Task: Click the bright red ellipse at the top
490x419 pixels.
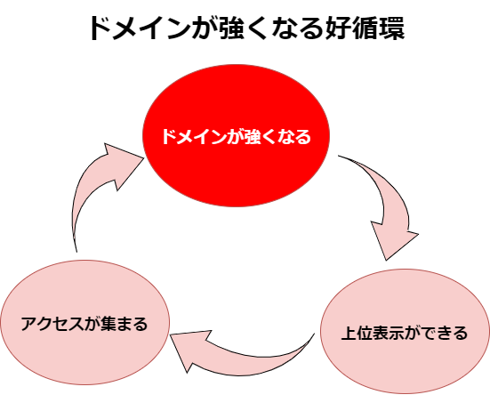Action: (x=236, y=135)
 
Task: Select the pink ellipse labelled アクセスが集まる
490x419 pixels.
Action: (x=85, y=322)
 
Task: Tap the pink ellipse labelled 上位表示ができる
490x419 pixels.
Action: (x=405, y=331)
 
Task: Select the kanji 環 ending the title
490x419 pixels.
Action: (x=391, y=28)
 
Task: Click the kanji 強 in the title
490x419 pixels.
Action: (x=231, y=28)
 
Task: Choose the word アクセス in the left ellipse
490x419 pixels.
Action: (x=52, y=324)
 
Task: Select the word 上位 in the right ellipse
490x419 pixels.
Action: (x=357, y=333)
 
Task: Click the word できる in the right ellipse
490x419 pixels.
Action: (x=445, y=333)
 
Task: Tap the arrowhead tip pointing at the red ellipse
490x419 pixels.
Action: (x=144, y=157)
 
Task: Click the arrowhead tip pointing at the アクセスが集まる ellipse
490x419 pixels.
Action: (x=171, y=334)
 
